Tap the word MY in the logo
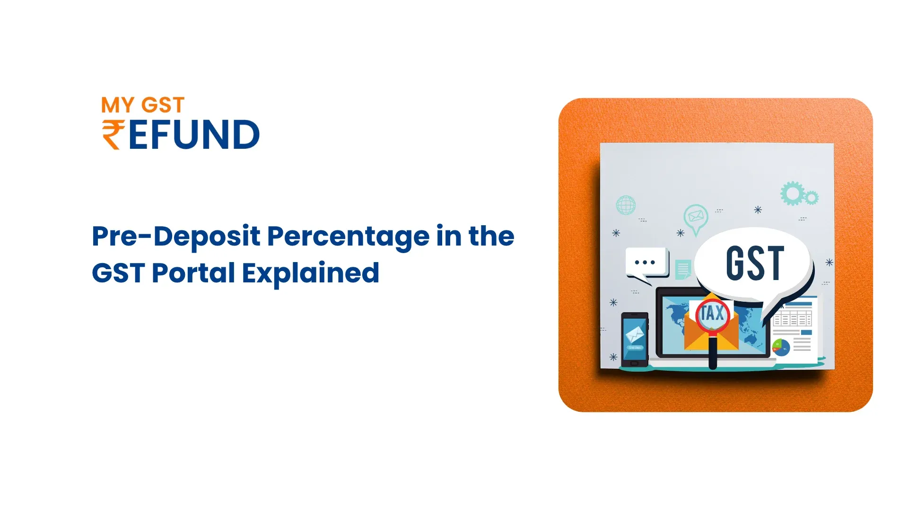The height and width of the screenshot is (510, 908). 118,105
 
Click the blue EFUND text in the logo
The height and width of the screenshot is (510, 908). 194,135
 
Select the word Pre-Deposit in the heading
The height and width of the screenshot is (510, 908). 176,236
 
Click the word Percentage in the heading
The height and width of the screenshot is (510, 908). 348,237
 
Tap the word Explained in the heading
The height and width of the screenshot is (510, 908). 311,273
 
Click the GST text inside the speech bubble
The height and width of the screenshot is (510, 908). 755,263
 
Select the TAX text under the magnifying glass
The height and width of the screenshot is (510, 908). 712,313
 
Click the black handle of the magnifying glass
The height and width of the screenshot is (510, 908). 713,352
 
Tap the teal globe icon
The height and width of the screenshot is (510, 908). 626,205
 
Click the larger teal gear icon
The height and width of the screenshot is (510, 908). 792,193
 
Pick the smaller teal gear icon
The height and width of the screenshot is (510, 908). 812,197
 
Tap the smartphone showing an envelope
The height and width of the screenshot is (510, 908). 635,340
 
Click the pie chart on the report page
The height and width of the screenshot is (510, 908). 781,348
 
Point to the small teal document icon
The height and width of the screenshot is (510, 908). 683,270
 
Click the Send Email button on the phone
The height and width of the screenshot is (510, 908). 635,348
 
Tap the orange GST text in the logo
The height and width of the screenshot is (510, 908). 163,105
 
